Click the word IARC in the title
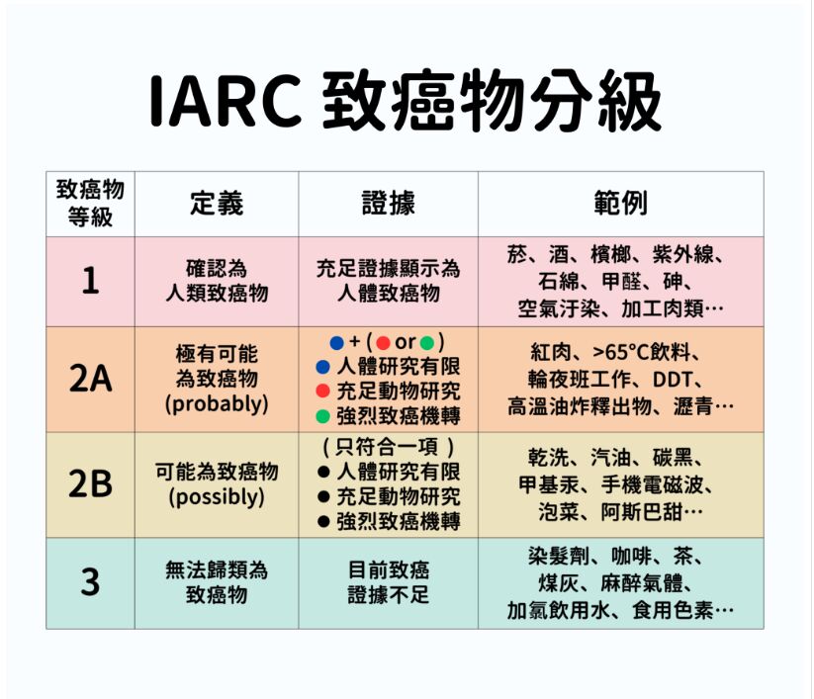click(226, 100)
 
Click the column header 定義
click(217, 203)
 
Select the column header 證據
click(389, 203)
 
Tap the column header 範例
click(621, 203)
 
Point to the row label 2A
click(90, 379)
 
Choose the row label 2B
click(90, 483)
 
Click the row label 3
click(90, 582)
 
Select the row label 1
click(90, 281)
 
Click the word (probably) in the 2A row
click(217, 403)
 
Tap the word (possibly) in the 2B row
click(217, 497)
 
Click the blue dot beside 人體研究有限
click(322, 368)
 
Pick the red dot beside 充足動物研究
click(322, 392)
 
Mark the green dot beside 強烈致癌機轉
click(322, 416)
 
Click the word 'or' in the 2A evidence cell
click(405, 342)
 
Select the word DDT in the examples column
click(672, 380)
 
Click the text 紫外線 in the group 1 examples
click(683, 255)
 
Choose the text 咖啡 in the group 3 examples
click(632, 557)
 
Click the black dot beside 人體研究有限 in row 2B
click(323, 472)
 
